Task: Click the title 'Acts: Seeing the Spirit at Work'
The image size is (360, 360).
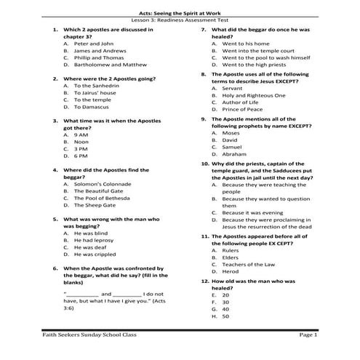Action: (180, 13)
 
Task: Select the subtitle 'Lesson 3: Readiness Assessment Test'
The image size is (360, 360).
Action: (180, 20)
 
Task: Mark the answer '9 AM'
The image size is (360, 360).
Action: (81, 135)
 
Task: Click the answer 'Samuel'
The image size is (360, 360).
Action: (232, 147)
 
